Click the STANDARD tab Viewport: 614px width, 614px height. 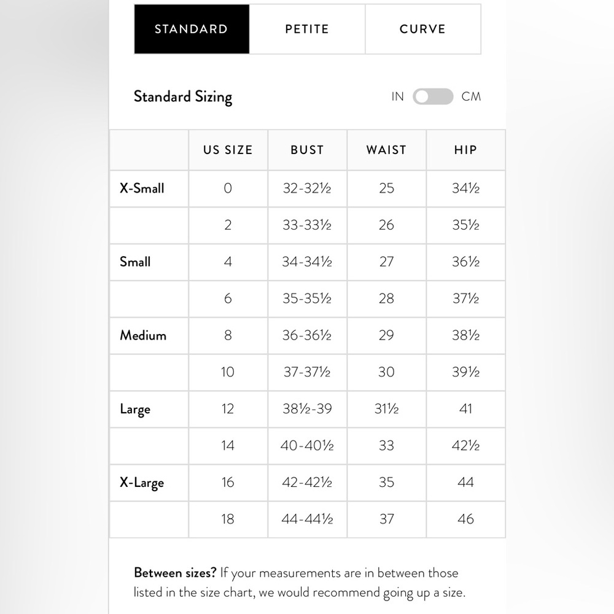(192, 29)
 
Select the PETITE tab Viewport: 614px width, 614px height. (307, 29)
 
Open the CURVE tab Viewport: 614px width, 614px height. (422, 29)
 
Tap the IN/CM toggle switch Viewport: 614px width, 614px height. (433, 96)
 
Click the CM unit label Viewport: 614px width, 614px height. (471, 96)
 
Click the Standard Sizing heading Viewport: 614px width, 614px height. (183, 97)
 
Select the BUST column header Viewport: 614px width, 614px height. (307, 150)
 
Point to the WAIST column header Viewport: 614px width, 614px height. (386, 150)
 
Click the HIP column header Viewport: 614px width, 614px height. (465, 150)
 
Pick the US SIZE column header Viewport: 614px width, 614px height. (228, 150)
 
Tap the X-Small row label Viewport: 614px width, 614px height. (142, 188)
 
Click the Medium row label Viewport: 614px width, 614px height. (143, 335)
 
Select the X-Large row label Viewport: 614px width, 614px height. (142, 483)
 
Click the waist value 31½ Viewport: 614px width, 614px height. (386, 409)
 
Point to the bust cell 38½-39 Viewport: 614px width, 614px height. (307, 409)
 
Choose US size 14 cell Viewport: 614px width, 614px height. (228, 446)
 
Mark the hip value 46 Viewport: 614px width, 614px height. (465, 519)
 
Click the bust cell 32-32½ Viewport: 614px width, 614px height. (307, 188)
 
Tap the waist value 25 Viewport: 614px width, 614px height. (386, 188)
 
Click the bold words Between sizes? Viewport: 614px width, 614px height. (175, 573)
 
